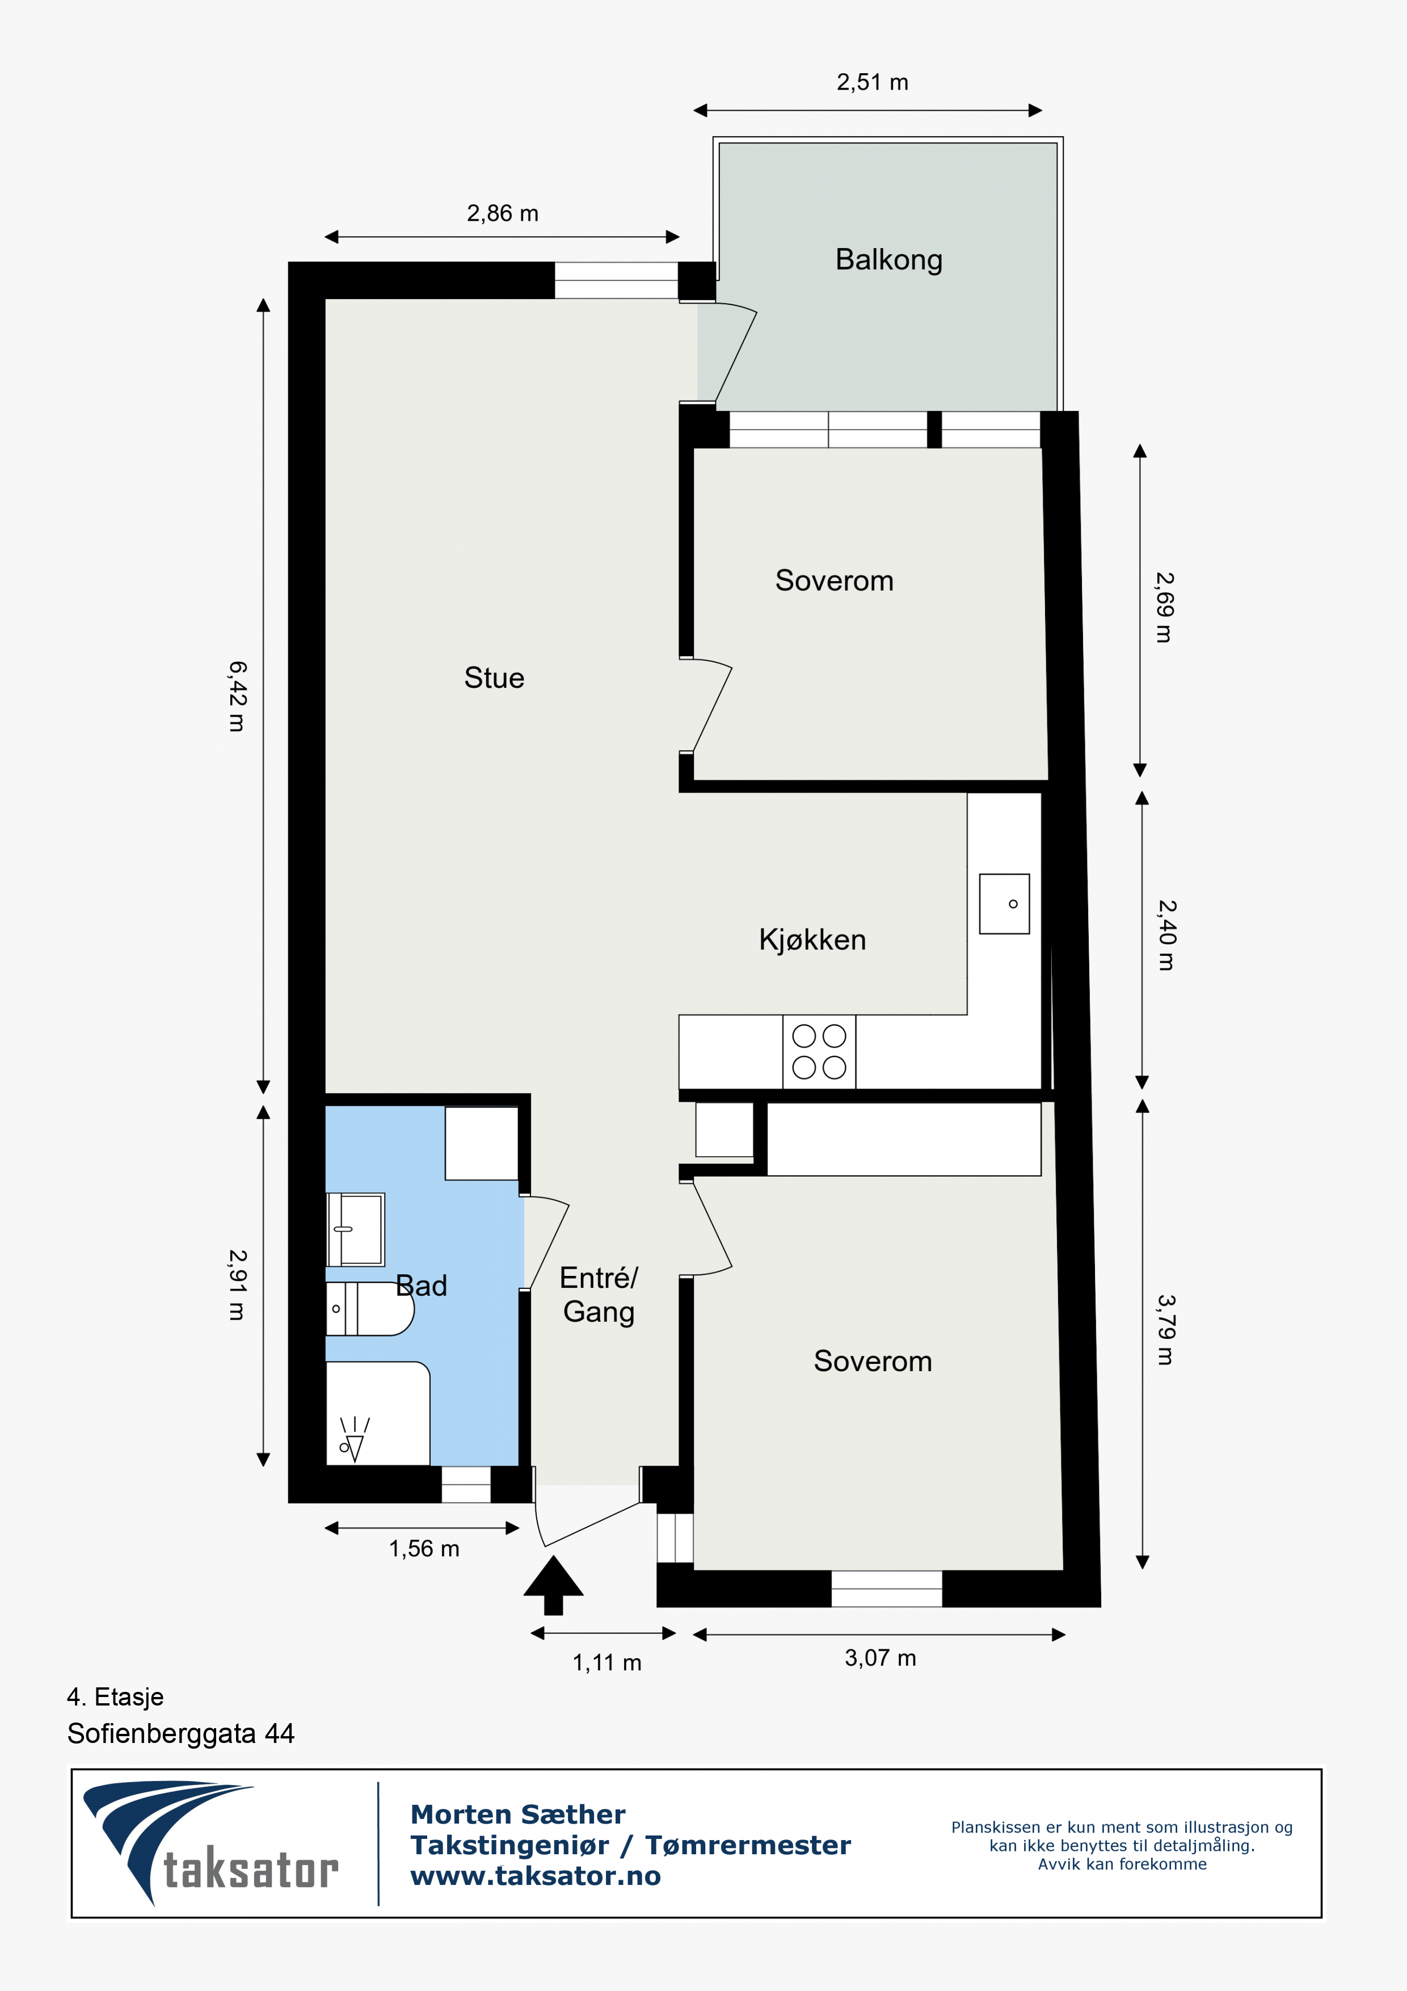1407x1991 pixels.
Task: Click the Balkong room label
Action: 888,260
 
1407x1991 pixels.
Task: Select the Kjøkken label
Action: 812,940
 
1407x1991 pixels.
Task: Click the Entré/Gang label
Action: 599,1295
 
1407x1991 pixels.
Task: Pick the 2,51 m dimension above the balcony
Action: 872,82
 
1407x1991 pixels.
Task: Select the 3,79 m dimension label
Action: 1166,1329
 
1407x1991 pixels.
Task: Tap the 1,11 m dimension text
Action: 607,1662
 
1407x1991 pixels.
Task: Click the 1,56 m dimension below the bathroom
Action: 424,1549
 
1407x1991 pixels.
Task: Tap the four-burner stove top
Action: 819,1051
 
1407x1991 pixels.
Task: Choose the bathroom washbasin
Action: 355,1230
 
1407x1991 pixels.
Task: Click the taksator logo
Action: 210,1843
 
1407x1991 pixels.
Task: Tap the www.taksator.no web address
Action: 536,1876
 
